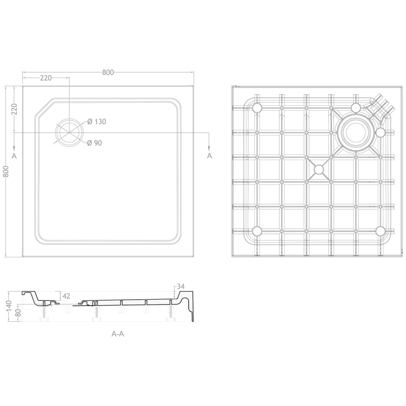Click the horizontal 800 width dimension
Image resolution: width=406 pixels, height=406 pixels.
tap(108, 72)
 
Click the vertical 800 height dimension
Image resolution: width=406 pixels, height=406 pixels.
tap(6, 171)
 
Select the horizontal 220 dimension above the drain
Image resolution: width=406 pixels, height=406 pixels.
tap(46, 78)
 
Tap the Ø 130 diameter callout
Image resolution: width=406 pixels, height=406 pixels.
tap(97, 121)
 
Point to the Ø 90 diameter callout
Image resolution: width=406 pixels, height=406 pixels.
tap(94, 143)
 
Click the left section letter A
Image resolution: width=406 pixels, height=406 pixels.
tap(14, 155)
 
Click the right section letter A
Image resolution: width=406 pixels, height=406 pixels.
tap(209, 155)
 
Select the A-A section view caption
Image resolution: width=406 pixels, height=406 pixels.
tap(118, 334)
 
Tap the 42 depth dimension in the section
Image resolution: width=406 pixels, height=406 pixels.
tap(67, 296)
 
